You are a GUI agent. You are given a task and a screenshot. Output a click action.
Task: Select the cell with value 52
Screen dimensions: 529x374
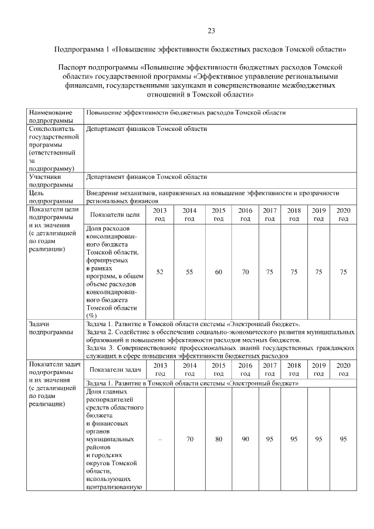[x=160, y=271]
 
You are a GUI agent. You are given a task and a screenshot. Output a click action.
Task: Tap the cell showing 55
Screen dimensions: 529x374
[x=189, y=271]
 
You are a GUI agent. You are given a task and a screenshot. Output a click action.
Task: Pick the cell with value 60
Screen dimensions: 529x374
[x=219, y=271]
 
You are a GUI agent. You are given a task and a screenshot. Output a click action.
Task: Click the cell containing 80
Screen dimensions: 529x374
[x=219, y=438]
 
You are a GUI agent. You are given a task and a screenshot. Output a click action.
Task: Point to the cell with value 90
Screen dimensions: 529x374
[x=245, y=438]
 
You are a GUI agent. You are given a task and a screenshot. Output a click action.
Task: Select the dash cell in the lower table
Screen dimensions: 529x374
[x=160, y=438]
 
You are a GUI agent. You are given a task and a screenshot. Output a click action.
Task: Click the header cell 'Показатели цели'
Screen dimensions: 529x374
[x=115, y=215]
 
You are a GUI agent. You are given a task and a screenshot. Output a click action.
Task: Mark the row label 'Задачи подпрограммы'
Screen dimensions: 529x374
[x=46, y=327]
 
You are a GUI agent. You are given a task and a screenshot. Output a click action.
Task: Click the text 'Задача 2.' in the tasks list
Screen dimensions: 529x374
[x=101, y=331]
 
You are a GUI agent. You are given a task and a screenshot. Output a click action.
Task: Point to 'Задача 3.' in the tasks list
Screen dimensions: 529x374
[x=102, y=347]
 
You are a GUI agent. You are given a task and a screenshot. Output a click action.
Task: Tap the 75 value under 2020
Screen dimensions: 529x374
[x=343, y=271]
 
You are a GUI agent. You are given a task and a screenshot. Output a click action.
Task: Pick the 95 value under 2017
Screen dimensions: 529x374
[x=269, y=438]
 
